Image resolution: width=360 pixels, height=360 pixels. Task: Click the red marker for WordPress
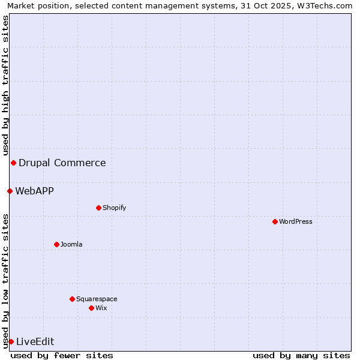[x=275, y=221]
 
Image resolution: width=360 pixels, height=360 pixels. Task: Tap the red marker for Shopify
[x=98, y=208]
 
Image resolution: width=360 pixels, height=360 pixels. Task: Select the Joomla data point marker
[x=56, y=244]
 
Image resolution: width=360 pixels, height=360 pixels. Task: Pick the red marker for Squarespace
[x=72, y=299]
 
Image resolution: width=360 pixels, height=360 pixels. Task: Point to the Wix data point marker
[x=91, y=308]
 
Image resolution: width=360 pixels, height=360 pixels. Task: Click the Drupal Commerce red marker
[x=13, y=163]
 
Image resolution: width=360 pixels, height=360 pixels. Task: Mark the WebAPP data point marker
[x=10, y=191]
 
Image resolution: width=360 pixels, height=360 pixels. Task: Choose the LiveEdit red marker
[x=11, y=341]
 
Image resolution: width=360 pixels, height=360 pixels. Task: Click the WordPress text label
[x=296, y=221]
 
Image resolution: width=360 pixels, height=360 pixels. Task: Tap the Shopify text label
[x=115, y=208]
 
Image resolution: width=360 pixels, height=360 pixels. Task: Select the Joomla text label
[x=71, y=244]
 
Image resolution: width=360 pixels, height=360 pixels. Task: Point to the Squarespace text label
[x=97, y=299]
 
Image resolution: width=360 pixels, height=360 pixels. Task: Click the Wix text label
[x=101, y=308]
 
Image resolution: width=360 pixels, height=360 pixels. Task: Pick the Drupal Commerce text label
[x=62, y=163]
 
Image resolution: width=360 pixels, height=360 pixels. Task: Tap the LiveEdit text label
[x=35, y=341]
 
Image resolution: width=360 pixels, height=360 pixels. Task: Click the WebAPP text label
[x=35, y=191]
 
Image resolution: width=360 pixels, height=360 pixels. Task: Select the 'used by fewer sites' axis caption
[x=62, y=355]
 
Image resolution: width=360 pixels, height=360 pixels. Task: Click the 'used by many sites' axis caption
[x=301, y=355]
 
